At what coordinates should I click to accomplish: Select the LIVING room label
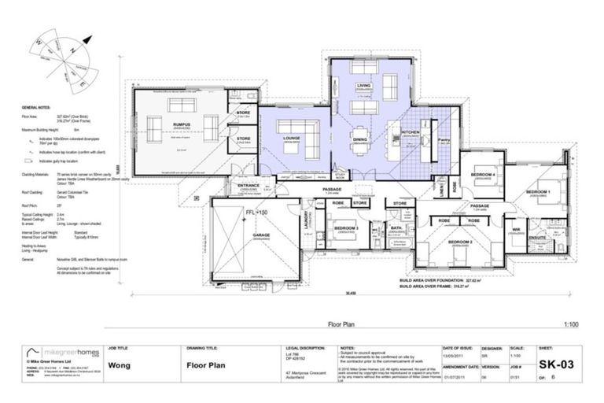(363, 85)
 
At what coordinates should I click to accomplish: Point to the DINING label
(359, 139)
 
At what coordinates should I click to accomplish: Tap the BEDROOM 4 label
(481, 175)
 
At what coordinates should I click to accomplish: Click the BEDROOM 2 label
(460, 242)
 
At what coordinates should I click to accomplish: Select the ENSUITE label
(537, 236)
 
